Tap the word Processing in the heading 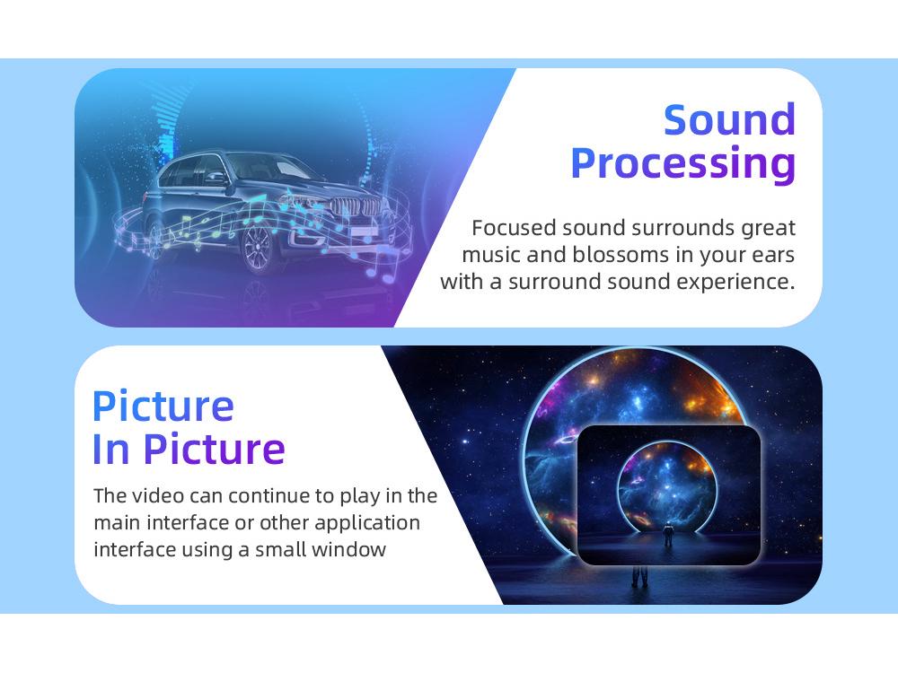coord(683,165)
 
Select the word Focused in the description coord(514,227)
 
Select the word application coord(367,523)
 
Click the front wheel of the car coord(259,248)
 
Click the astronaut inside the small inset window coord(668,535)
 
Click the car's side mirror coord(216,177)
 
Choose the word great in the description coord(769,228)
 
